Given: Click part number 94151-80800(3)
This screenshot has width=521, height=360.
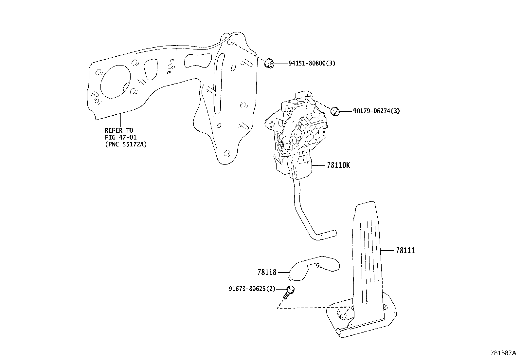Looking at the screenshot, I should [312, 64].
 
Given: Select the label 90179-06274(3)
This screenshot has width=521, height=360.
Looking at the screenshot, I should [376, 111].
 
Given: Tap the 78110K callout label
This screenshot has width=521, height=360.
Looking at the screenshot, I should [338, 165].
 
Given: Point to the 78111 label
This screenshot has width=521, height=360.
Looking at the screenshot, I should [405, 251].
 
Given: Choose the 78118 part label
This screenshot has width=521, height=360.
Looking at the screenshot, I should [267, 272].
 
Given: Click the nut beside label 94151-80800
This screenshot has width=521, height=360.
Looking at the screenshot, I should [269, 63].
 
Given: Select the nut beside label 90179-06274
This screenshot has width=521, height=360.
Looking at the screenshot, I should [334, 111].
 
